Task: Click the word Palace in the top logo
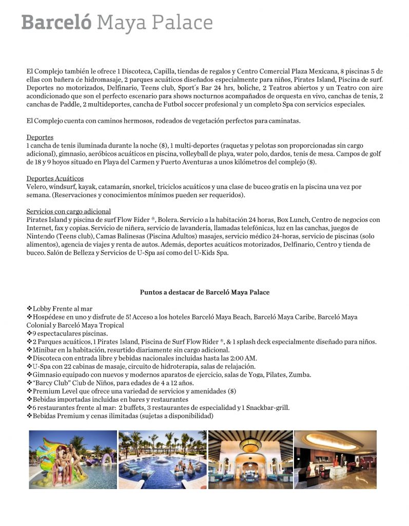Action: (x=183, y=23)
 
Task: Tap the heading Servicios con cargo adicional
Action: (x=68, y=212)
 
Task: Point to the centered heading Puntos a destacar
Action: (x=204, y=292)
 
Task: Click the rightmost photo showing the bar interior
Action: (x=335, y=459)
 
